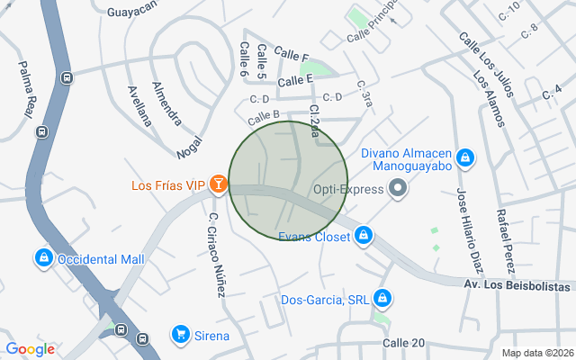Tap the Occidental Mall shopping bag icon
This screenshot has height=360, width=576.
pyautogui.click(x=42, y=259)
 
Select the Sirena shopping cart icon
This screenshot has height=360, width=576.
pyautogui.click(x=181, y=335)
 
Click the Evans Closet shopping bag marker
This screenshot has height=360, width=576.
pyautogui.click(x=363, y=236)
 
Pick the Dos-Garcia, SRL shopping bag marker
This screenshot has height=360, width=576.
pyautogui.click(x=382, y=298)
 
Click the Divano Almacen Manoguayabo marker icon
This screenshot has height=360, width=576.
pyautogui.click(x=464, y=159)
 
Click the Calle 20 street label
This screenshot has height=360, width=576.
pyautogui.click(x=403, y=343)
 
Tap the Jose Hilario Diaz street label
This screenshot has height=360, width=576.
pyautogui.click(x=470, y=230)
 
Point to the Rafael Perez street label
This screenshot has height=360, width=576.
pyautogui.click(x=504, y=240)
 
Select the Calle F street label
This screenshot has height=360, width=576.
pyautogui.click(x=292, y=55)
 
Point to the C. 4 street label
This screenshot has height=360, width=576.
pyautogui.click(x=552, y=91)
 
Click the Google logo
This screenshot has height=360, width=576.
pyautogui.click(x=30, y=348)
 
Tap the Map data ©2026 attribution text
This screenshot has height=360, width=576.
pyautogui.click(x=537, y=353)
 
